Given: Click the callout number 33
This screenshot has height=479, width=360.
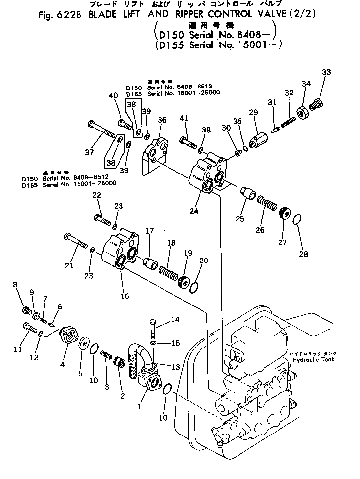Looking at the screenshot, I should pyautogui.click(x=326, y=72).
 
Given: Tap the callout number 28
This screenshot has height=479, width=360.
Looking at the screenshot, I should pyautogui.click(x=303, y=254).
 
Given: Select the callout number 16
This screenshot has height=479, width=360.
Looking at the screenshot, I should pyautogui.click(x=125, y=296).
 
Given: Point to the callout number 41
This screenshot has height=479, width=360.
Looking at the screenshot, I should pyautogui.click(x=184, y=118).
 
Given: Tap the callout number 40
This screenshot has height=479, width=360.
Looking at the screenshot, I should pyautogui.click(x=113, y=95).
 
